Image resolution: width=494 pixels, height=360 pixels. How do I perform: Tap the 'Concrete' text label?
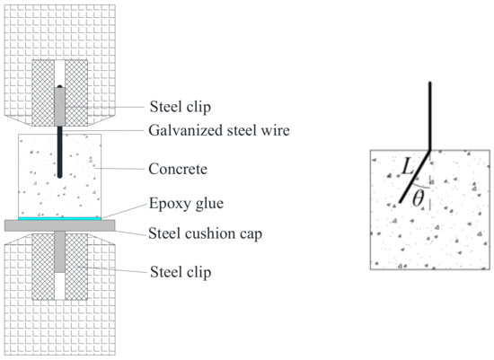[x=178, y=168]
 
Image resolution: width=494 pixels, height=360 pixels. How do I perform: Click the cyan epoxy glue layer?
[x=58, y=218]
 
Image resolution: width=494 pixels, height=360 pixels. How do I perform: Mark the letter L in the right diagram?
[x=407, y=166]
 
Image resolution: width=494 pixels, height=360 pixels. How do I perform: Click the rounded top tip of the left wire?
[x=59, y=86]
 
